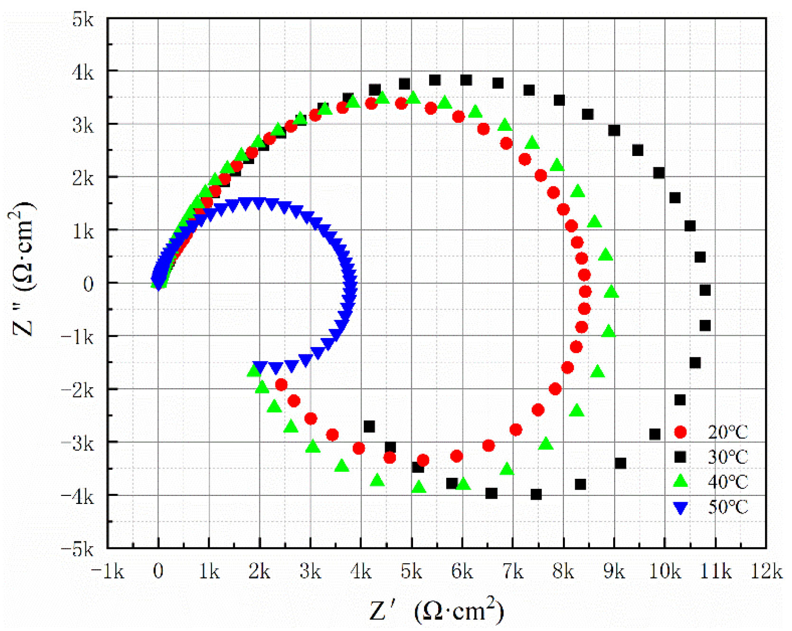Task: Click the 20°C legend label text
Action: point(728,432)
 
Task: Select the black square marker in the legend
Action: point(680,457)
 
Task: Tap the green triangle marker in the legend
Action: point(680,481)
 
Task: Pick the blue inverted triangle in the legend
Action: point(680,508)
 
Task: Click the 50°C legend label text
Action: point(728,507)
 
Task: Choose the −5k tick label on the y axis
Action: point(78,549)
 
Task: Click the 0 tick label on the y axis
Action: point(88,284)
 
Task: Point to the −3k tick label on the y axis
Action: point(78,443)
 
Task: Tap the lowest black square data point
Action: point(536,494)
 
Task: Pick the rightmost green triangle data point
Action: point(611,292)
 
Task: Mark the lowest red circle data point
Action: point(423,460)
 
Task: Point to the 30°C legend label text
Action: point(728,457)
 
